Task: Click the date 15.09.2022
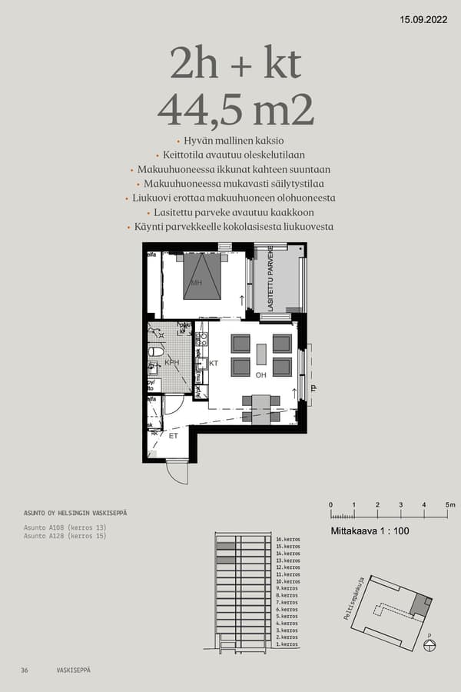coord(425,21)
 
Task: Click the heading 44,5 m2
coord(236,110)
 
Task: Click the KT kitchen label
coord(214,363)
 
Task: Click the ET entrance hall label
coord(174,436)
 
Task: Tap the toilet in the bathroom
coord(156,351)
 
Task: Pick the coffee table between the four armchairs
coord(261,354)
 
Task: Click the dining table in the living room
coord(261,408)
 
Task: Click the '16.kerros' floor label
coord(287,541)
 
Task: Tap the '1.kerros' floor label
coord(287,644)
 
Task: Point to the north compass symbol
coord(429,644)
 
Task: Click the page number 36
coord(25,670)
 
